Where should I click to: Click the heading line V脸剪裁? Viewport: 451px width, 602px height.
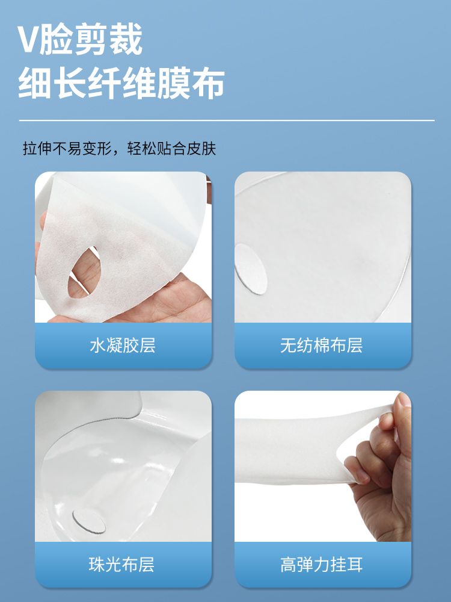[x=81, y=39]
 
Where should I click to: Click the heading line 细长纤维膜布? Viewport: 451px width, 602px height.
[x=121, y=84]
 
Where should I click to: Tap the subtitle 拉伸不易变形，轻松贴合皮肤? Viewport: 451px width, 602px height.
[x=119, y=149]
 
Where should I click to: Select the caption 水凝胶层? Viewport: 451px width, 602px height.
[x=123, y=345]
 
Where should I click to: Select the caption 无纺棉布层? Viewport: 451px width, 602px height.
[x=321, y=345]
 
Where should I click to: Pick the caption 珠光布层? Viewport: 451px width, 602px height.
[x=122, y=565]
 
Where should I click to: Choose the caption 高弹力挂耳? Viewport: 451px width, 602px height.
[x=321, y=565]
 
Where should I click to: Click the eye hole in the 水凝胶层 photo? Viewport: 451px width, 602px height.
[x=84, y=272]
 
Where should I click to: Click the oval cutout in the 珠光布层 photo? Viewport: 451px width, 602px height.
[x=88, y=521]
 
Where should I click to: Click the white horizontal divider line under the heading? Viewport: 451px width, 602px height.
[x=227, y=120]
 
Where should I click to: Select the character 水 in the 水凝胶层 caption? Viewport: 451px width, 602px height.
[x=97, y=345]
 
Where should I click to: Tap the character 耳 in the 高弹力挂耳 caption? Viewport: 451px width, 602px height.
[x=355, y=565]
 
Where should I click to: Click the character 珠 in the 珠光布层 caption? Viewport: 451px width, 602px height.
[x=97, y=565]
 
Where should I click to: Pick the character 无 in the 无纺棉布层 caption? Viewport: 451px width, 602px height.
[x=288, y=345]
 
